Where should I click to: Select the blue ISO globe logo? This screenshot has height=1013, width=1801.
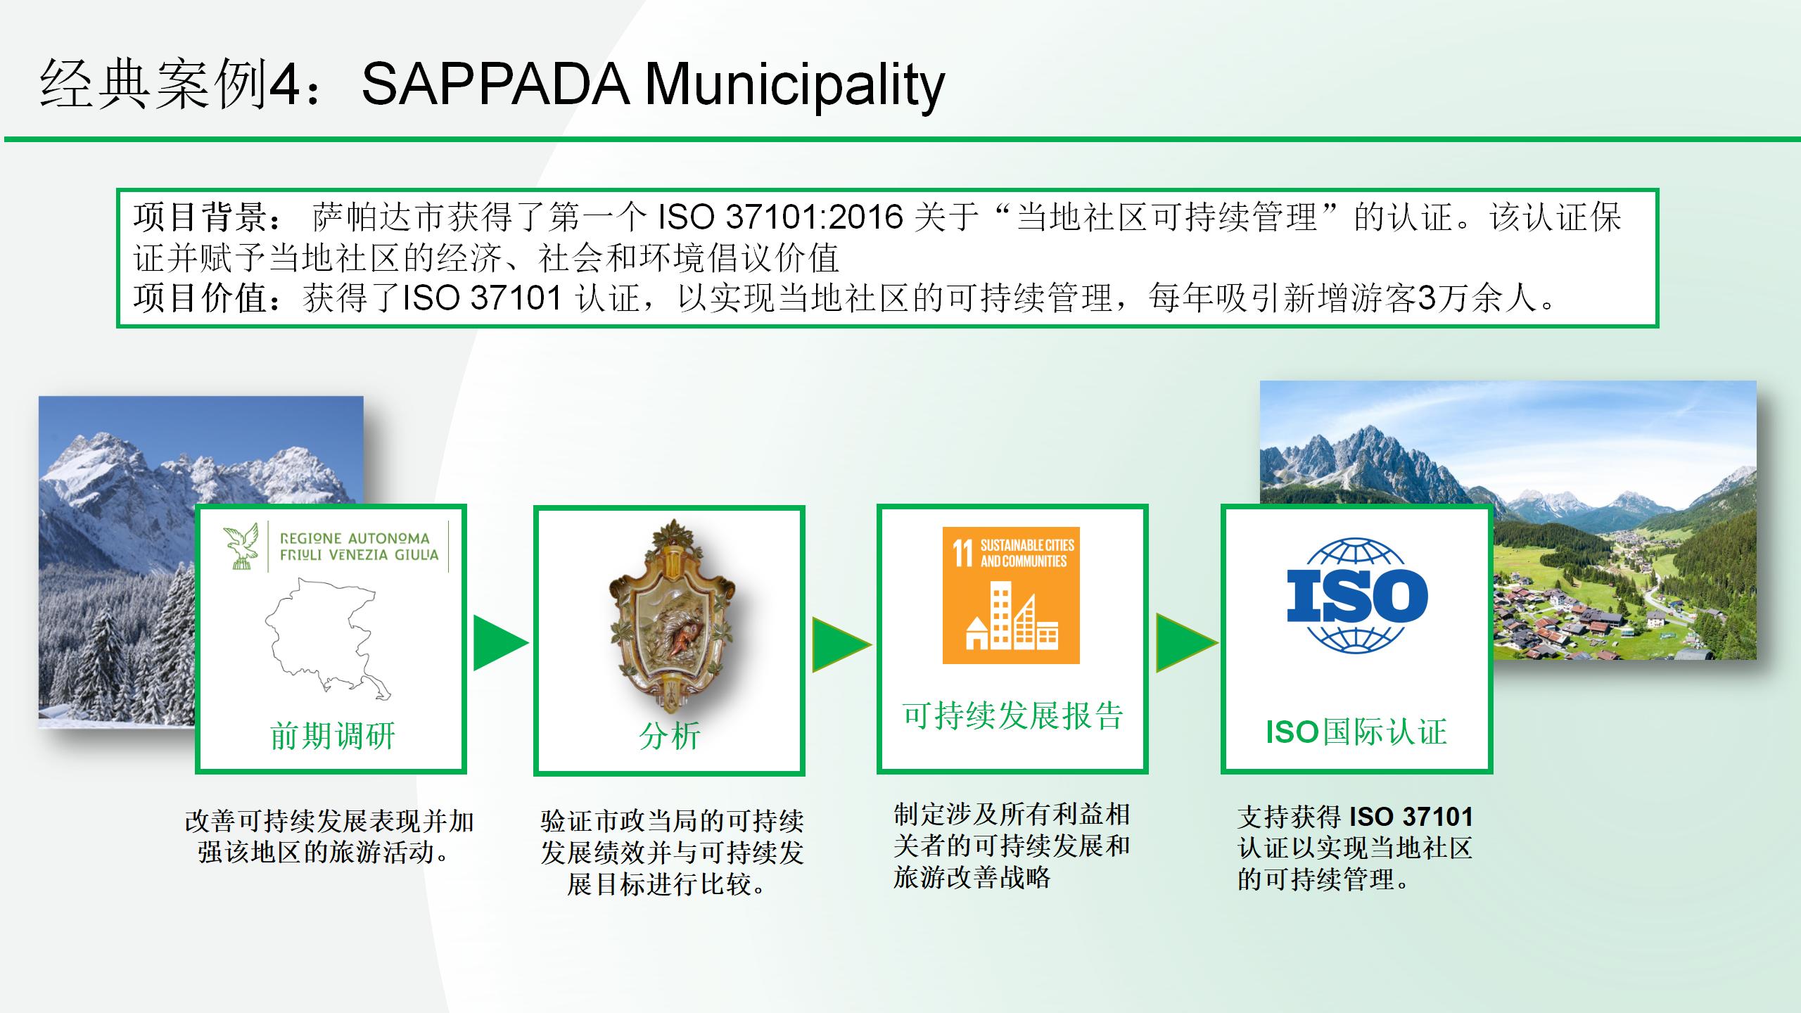(1356, 595)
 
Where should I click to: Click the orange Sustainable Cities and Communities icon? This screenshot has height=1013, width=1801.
(1011, 595)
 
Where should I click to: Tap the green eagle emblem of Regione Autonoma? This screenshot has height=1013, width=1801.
(239, 545)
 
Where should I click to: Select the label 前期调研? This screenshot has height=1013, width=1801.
(333, 737)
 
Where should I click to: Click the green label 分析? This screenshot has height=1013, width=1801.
(669, 737)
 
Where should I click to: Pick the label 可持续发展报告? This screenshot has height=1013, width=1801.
(1012, 716)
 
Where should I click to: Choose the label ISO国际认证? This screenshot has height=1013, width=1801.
(1356, 732)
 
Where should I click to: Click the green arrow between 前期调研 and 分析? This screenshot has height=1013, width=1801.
(499, 642)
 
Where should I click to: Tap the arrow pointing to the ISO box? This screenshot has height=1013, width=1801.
(1186, 642)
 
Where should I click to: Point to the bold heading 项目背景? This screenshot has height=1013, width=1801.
(201, 217)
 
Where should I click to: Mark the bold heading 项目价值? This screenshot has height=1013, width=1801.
(201, 298)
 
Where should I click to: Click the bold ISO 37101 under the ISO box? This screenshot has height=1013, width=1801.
(1411, 817)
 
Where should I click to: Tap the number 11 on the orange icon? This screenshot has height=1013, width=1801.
(962, 553)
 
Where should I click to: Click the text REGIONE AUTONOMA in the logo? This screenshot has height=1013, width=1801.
(355, 538)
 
